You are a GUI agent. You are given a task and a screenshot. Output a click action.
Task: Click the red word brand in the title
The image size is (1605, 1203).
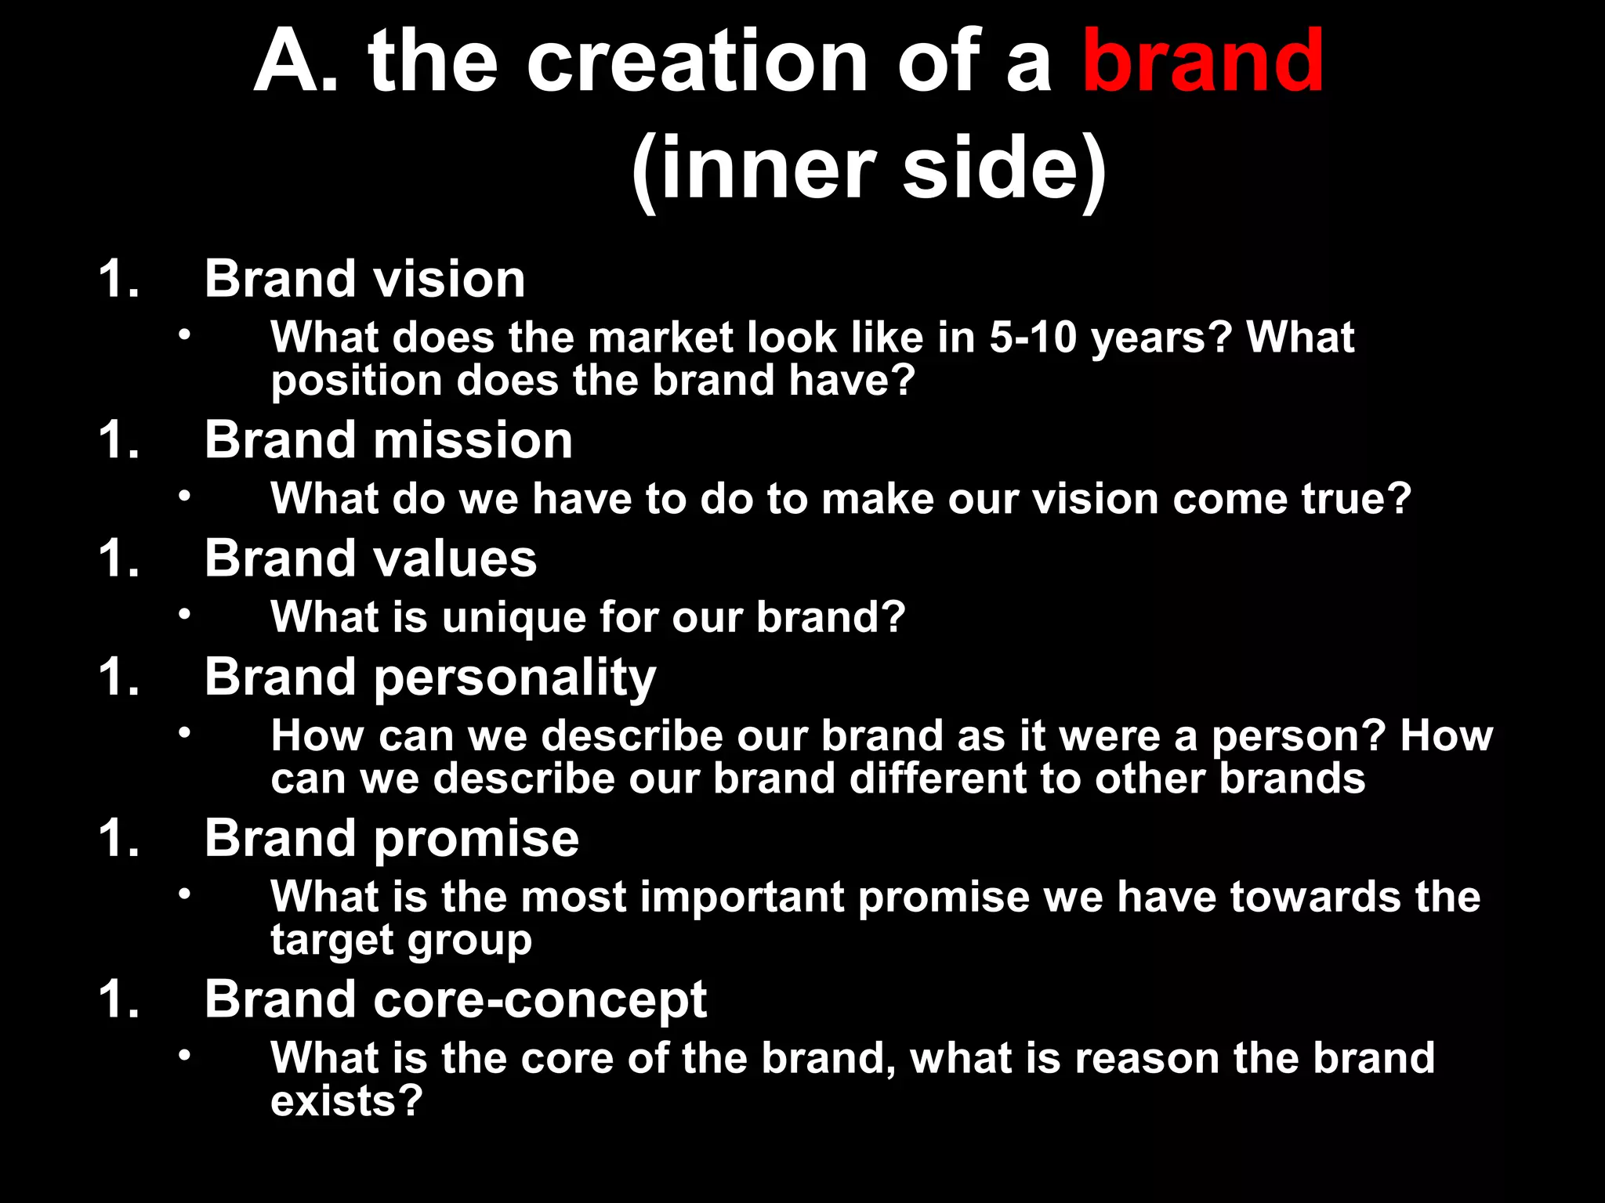tap(1202, 61)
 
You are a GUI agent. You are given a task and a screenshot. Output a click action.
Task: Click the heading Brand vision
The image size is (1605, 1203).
tap(364, 279)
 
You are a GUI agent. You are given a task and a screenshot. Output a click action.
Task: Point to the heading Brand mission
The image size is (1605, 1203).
tap(388, 440)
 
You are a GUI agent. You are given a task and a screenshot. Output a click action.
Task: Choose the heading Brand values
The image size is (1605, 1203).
tap(370, 558)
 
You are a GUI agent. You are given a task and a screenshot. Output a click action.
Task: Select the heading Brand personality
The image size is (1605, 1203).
tap(429, 677)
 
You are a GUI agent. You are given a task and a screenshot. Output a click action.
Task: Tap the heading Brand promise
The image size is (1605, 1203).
tap(391, 839)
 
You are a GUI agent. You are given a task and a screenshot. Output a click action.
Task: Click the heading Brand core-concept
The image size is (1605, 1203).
tap(455, 1000)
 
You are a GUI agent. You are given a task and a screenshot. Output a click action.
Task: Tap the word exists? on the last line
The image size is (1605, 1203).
tap(346, 1101)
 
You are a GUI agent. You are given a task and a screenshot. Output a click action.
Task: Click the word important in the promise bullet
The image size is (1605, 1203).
tap(741, 898)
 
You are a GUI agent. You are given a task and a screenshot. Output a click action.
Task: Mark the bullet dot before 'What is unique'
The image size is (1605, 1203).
tap(184, 614)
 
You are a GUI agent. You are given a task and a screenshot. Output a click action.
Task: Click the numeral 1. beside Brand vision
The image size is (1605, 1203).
tap(119, 279)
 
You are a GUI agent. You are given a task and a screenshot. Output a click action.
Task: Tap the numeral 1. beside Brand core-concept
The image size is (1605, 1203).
tap(119, 1000)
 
